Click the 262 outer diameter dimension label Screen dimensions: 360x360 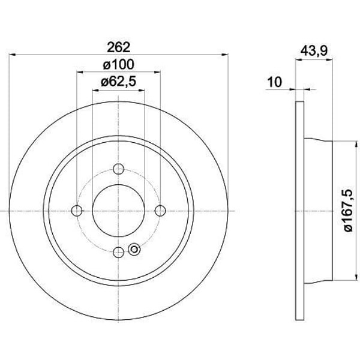[x=119, y=47]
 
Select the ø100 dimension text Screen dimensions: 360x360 [x=118, y=65]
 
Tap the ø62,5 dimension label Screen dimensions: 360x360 [x=118, y=82]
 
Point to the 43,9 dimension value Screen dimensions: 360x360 [x=314, y=51]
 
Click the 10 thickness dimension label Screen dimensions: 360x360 [x=275, y=82]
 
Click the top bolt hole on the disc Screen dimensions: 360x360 [x=118, y=169]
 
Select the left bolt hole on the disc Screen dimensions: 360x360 [x=77, y=211]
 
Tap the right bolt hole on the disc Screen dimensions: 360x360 [x=160, y=211]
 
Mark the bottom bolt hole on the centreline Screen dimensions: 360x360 [x=118, y=253]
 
